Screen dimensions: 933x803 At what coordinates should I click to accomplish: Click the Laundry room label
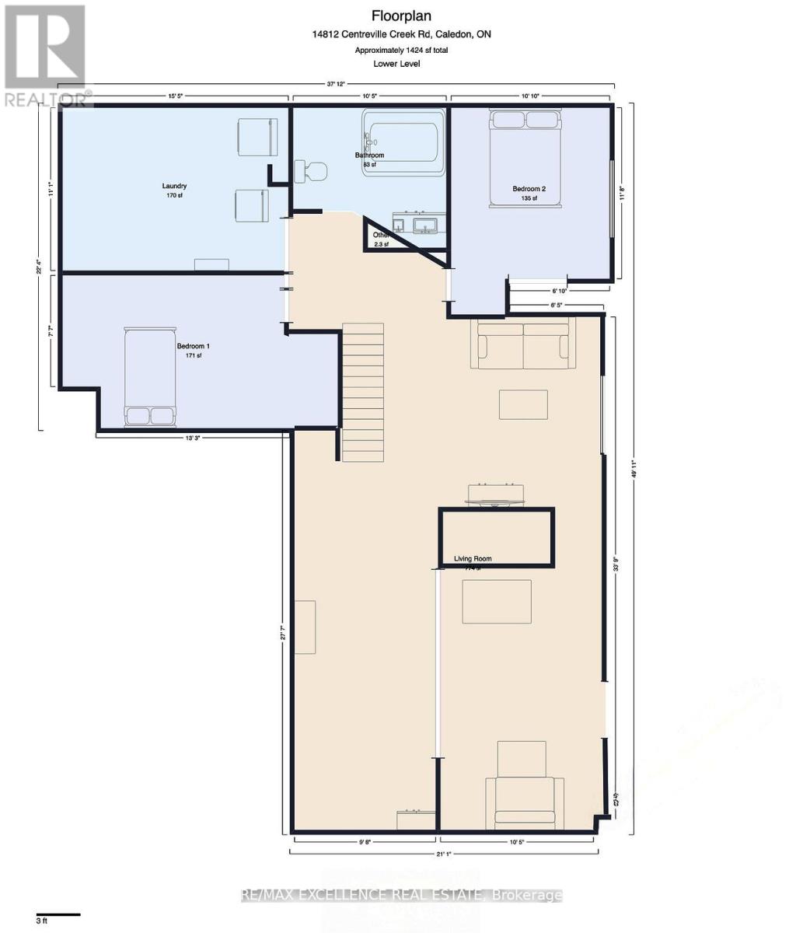tap(174, 186)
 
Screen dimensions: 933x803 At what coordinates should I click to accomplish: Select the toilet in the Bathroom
tap(312, 171)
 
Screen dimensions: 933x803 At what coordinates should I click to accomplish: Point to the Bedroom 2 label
tap(529, 189)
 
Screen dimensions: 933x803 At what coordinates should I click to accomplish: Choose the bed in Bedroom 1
tap(150, 377)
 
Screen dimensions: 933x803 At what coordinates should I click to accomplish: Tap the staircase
tap(363, 393)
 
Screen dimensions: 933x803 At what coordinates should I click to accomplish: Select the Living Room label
tap(473, 558)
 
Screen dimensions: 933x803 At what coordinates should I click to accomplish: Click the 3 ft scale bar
tap(58, 914)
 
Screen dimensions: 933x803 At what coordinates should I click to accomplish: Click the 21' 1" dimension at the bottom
tap(444, 854)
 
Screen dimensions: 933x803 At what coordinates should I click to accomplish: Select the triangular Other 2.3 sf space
tap(386, 238)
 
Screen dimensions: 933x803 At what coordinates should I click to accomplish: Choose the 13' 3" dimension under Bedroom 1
tap(194, 438)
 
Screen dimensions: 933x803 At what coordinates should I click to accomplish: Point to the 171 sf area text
tap(194, 355)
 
